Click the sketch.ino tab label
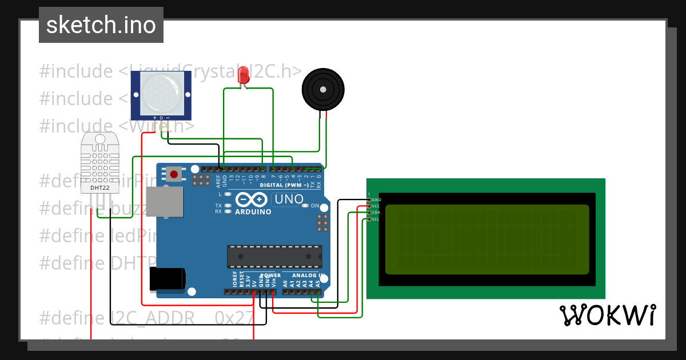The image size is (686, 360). coord(101,25)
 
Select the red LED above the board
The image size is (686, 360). coord(244,75)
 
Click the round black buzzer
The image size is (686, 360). coord(323,89)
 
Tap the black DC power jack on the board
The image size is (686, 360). coord(167,279)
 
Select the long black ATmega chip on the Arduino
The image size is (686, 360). coord(274,257)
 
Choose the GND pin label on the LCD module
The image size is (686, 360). coord(376,199)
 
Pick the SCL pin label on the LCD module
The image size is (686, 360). coord(376,219)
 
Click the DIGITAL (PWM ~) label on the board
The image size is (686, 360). coord(284,185)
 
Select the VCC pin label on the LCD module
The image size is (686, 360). coord(376,206)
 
